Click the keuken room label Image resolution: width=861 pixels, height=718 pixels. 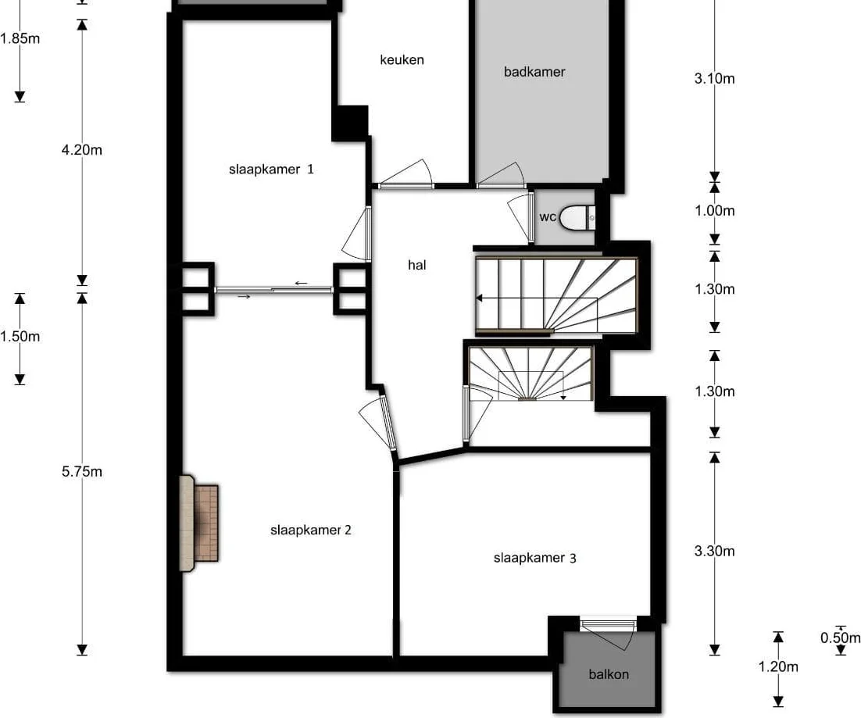(x=402, y=60)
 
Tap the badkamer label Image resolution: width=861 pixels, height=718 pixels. (x=534, y=72)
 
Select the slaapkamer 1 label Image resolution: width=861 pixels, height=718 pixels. (x=271, y=169)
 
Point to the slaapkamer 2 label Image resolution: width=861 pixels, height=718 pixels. (x=311, y=530)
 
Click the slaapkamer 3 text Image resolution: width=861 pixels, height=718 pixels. (x=535, y=559)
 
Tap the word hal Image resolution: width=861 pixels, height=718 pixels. (x=416, y=265)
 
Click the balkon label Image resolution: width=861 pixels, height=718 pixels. (x=609, y=674)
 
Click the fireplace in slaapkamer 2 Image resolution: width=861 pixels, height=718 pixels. (x=198, y=523)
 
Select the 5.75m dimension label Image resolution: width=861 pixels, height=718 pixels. (x=82, y=472)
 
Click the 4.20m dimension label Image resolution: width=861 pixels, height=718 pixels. (x=82, y=150)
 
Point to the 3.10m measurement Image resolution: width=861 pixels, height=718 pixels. (x=714, y=78)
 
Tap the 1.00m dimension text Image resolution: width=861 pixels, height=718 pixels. (x=714, y=211)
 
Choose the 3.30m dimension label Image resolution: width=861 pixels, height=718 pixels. (x=714, y=551)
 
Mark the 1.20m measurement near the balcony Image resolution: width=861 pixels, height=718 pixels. (x=778, y=667)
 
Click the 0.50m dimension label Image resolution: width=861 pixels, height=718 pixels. (x=840, y=638)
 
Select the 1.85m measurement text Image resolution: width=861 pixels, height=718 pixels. (x=20, y=38)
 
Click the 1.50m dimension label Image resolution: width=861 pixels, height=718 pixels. (x=20, y=337)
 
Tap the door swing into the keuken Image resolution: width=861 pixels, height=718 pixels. (x=406, y=173)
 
